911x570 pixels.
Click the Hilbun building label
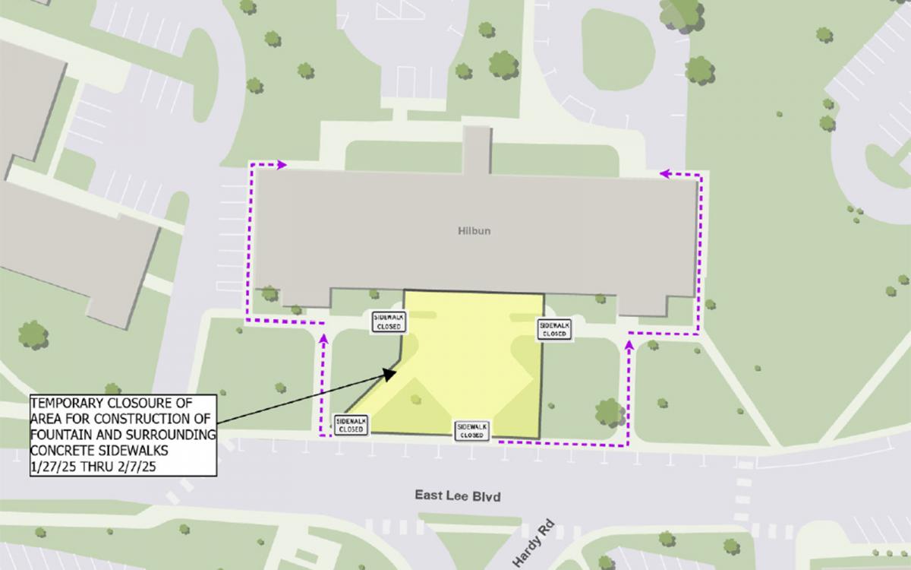474,230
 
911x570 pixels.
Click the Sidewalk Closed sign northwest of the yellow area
389,321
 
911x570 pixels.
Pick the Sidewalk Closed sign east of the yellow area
554,328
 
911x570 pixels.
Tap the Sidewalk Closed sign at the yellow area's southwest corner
351,424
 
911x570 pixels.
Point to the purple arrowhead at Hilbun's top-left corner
282,163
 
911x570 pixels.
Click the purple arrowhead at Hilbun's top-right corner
664,174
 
